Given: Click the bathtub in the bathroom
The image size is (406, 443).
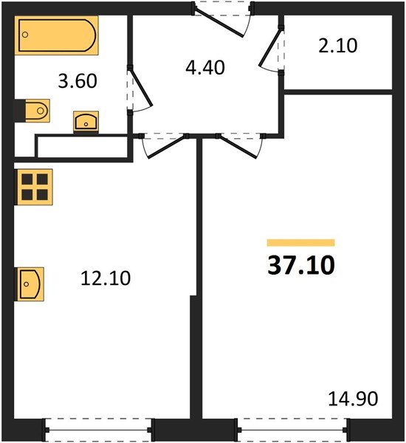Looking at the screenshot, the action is click(x=57, y=35).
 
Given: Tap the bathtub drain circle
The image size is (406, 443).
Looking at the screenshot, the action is click(x=25, y=35).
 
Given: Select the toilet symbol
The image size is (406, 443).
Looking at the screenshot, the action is click(x=32, y=111).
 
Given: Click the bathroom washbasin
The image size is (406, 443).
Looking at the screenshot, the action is click(x=86, y=122).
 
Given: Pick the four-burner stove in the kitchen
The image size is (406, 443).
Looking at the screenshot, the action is click(x=35, y=187).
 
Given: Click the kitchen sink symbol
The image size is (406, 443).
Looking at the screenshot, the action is click(x=30, y=284).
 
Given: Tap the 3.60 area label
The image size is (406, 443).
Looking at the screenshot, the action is click(x=78, y=80).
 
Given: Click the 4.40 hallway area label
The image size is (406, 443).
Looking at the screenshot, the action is click(x=205, y=67).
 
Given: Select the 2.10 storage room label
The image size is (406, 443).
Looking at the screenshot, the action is click(x=338, y=46).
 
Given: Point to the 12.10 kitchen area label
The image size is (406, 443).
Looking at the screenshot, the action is click(x=106, y=278).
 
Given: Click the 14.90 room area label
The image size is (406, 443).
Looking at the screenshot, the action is click(x=353, y=399).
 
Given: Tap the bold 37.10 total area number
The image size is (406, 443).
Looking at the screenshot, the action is click(x=301, y=265).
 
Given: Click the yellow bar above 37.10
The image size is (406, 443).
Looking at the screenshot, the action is click(x=301, y=243).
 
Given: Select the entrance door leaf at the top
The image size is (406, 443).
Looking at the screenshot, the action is click(x=218, y=23).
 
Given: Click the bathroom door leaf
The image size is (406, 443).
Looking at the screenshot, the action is click(x=140, y=87).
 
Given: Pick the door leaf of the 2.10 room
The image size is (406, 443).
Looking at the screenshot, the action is click(x=271, y=47).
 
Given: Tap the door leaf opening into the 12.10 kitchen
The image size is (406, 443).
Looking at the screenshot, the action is click(x=167, y=147).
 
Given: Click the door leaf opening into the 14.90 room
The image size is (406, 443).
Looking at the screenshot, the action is click(x=238, y=147).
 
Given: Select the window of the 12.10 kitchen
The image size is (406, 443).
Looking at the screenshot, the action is click(x=98, y=430).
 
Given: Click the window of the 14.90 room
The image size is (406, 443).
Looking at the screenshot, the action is click(x=292, y=430).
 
